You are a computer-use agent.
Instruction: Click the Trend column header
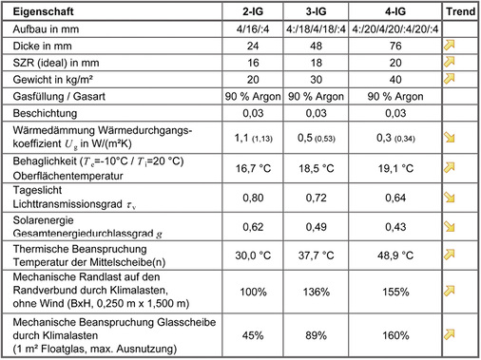click(460, 11)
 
